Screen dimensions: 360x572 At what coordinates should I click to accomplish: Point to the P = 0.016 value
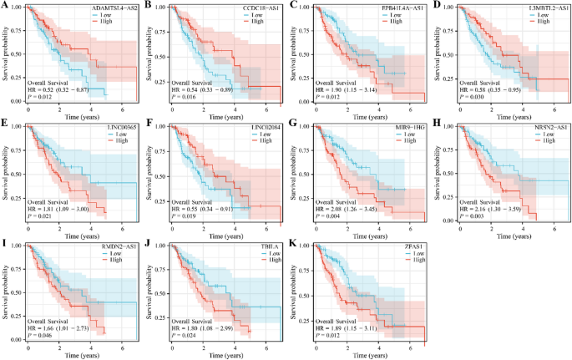point(185,96)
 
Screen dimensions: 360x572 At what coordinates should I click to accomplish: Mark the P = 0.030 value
point(470,96)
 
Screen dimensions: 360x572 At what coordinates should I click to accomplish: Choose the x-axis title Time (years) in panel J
point(214,355)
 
